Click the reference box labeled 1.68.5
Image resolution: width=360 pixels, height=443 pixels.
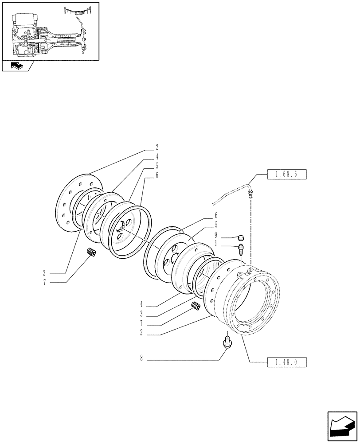coord(287,174)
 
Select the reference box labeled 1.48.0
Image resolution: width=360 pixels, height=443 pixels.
coord(287,362)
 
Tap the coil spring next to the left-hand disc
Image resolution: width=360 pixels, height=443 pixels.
coord(91,252)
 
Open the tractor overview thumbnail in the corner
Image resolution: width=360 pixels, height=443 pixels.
coord(50,31)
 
